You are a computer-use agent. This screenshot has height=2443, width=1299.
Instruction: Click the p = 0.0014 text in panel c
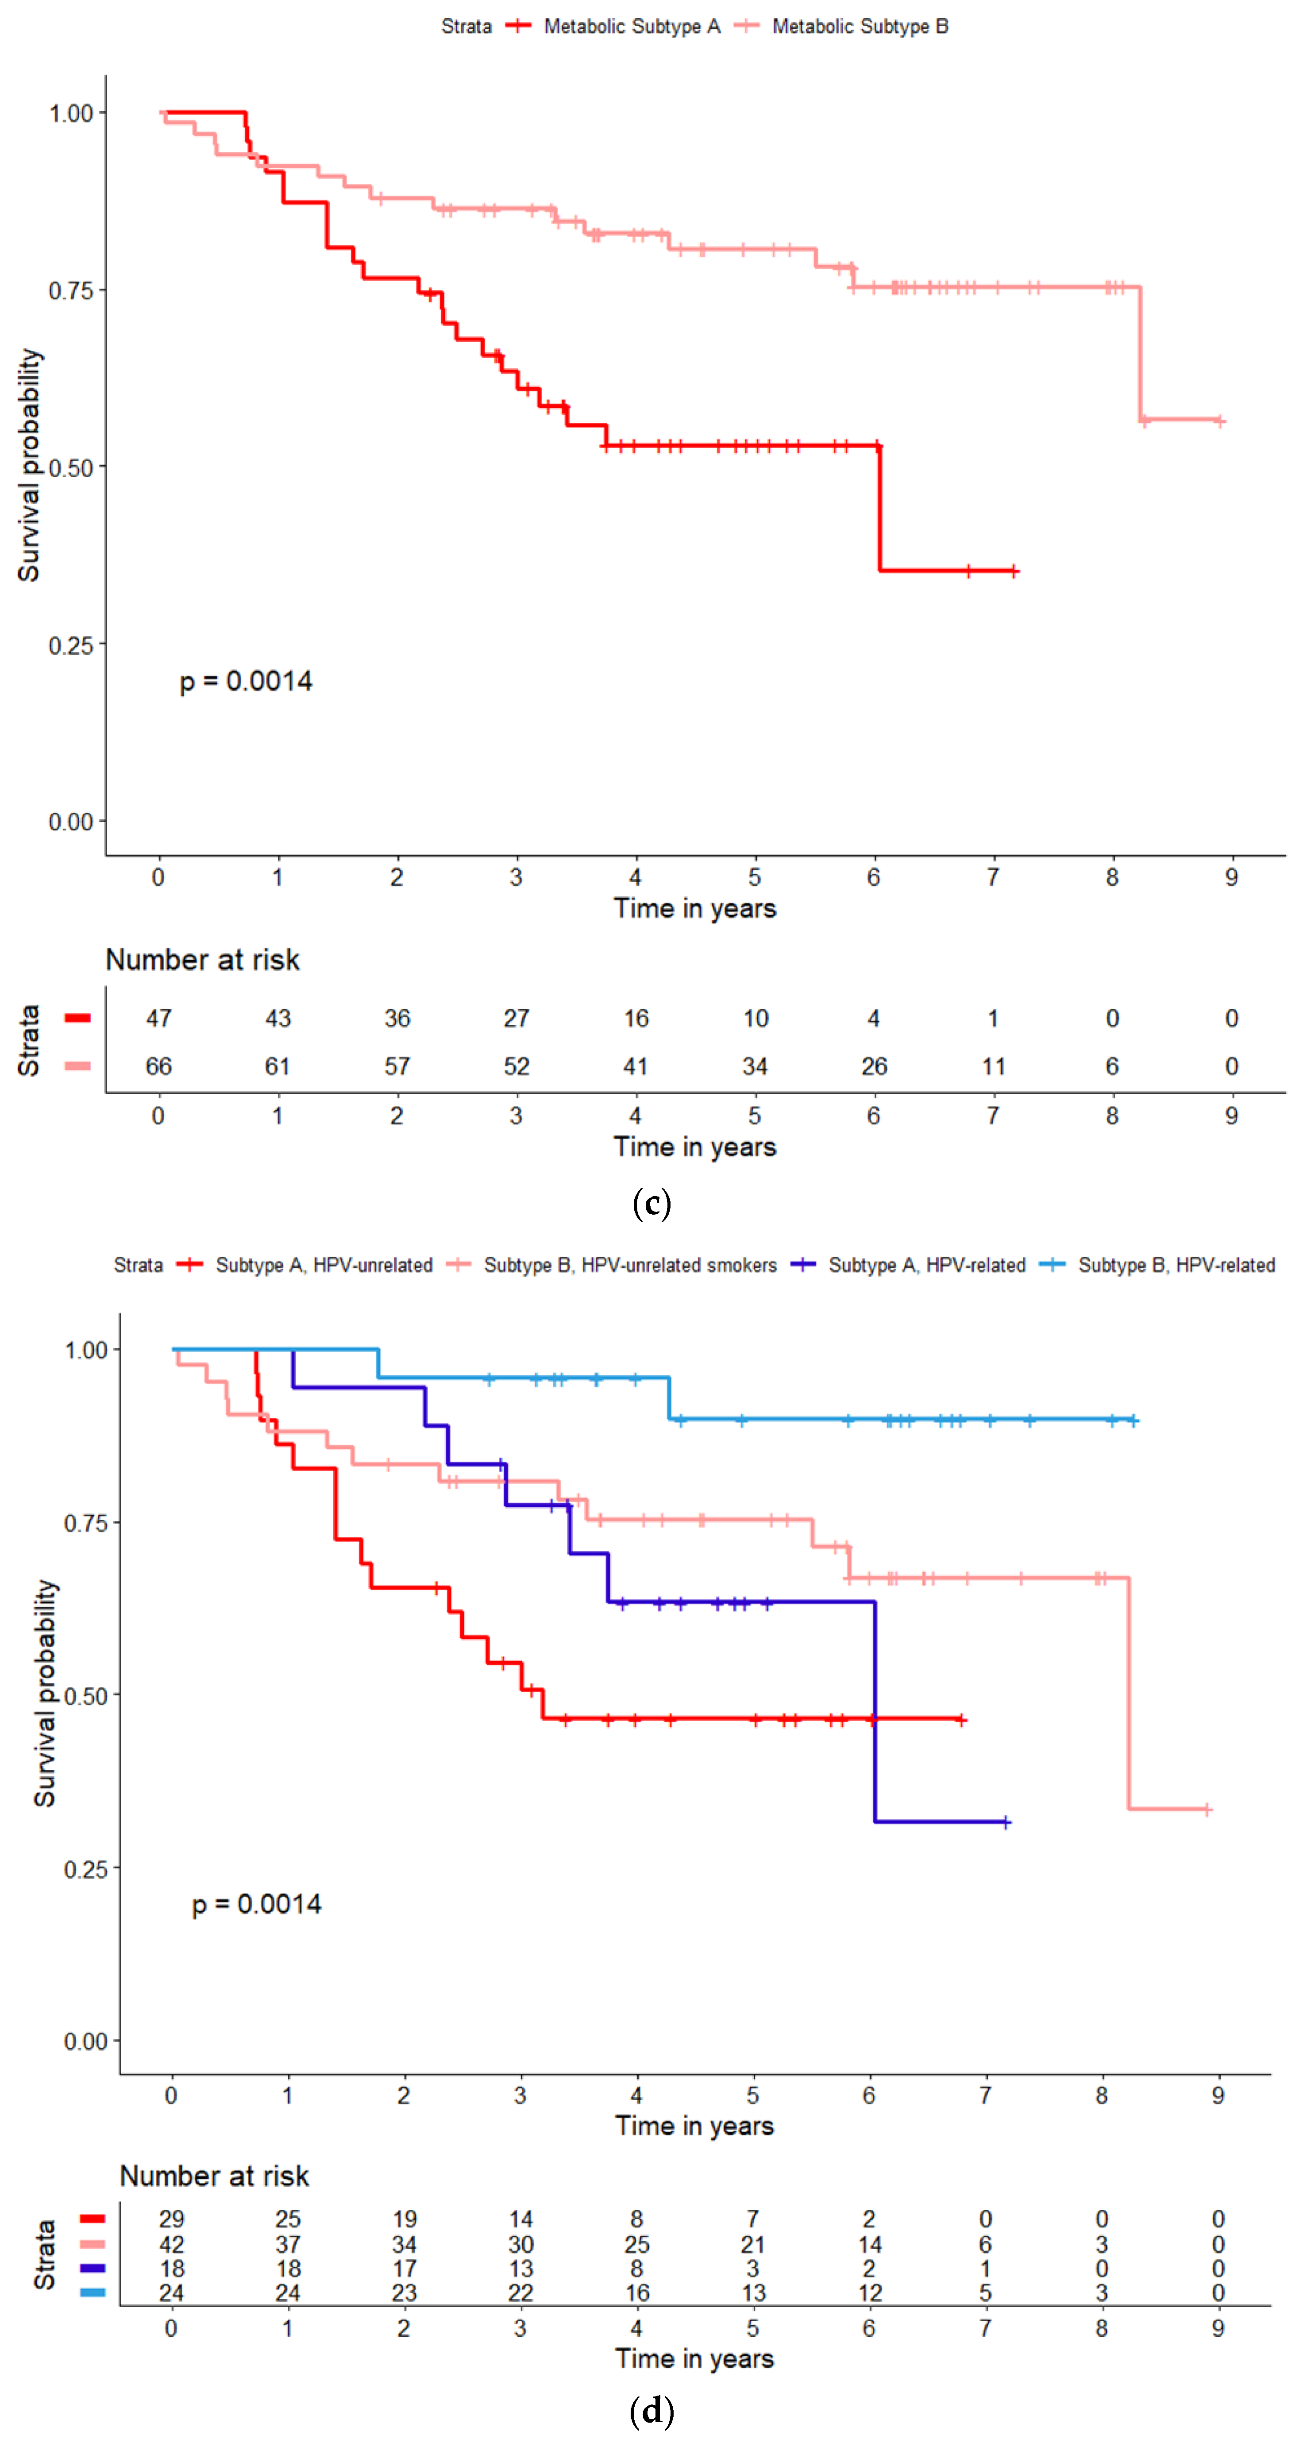246,681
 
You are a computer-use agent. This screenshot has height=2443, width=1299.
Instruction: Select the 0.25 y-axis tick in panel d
85,1868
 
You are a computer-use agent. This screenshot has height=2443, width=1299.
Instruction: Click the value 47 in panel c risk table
158,1019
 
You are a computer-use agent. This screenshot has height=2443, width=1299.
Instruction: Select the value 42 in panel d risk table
172,2244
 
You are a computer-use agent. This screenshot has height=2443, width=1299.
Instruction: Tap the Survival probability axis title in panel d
45,1693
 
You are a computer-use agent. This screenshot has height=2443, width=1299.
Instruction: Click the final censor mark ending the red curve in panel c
1014,571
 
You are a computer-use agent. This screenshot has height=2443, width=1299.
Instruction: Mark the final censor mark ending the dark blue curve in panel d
1006,1822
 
